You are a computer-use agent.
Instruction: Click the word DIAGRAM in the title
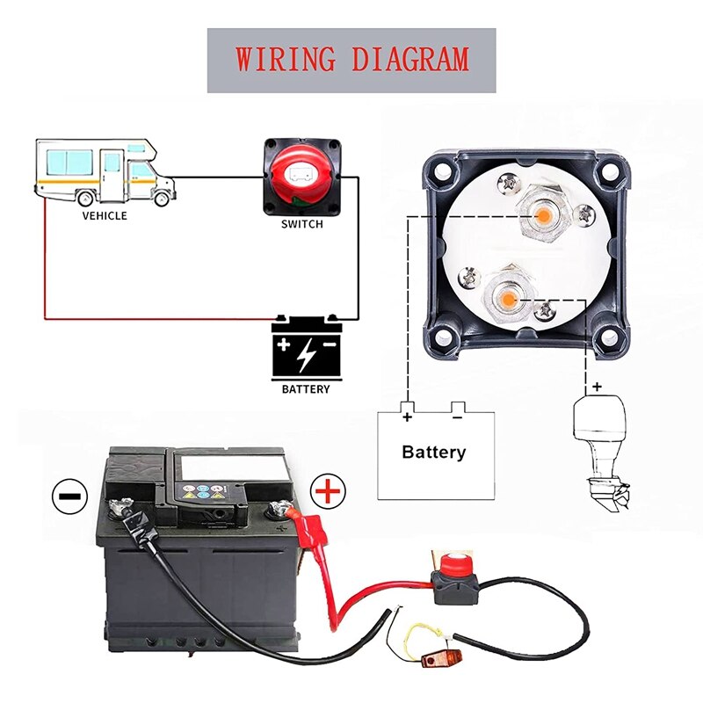(409, 60)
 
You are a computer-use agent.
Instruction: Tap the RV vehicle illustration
(105, 171)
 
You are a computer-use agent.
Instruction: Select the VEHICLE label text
(105, 215)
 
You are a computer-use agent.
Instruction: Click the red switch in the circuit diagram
(301, 176)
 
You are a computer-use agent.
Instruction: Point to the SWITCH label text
(301, 224)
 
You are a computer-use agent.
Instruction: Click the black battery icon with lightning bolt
(306, 347)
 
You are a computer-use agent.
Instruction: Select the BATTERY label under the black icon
(306, 388)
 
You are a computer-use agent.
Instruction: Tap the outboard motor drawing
(604, 448)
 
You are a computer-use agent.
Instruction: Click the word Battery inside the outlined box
(433, 453)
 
